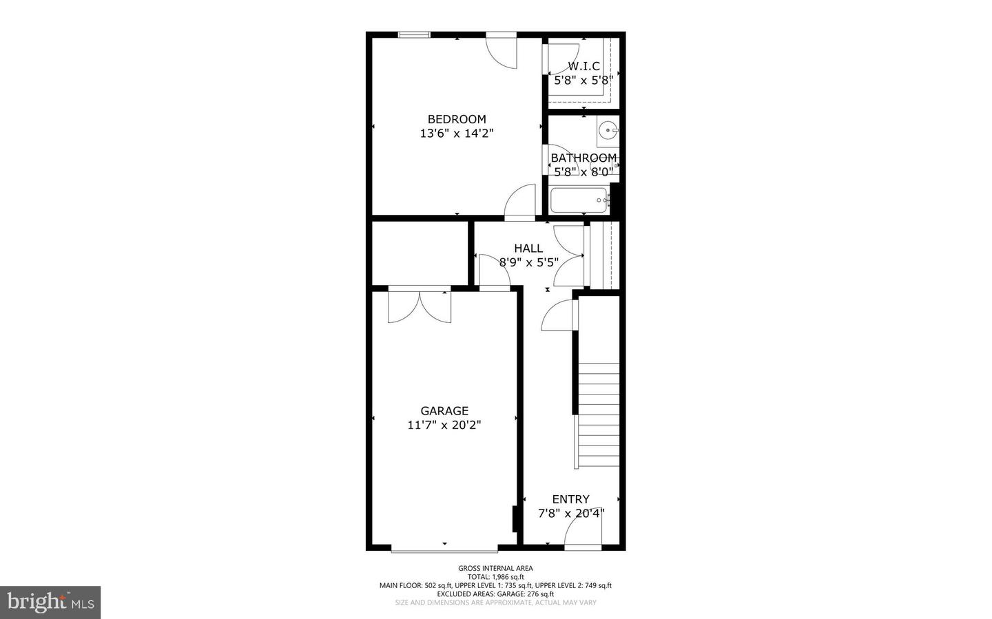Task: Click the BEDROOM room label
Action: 456,119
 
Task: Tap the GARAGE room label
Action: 444,411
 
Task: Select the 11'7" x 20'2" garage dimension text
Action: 444,426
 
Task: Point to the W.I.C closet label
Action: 583,66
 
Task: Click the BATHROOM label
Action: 583,158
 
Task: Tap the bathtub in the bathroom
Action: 579,200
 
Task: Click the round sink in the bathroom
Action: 608,129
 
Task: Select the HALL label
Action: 528,248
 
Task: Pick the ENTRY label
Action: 570,499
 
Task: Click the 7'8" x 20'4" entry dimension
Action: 570,513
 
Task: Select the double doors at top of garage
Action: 420,306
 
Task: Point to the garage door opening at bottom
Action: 444,549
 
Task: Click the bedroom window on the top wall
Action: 415,34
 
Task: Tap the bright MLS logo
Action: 50,602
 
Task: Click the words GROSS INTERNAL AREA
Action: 495,568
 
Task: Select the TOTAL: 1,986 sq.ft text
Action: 495,577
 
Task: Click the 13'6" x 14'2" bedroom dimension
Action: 456,134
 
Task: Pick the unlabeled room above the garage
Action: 420,253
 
